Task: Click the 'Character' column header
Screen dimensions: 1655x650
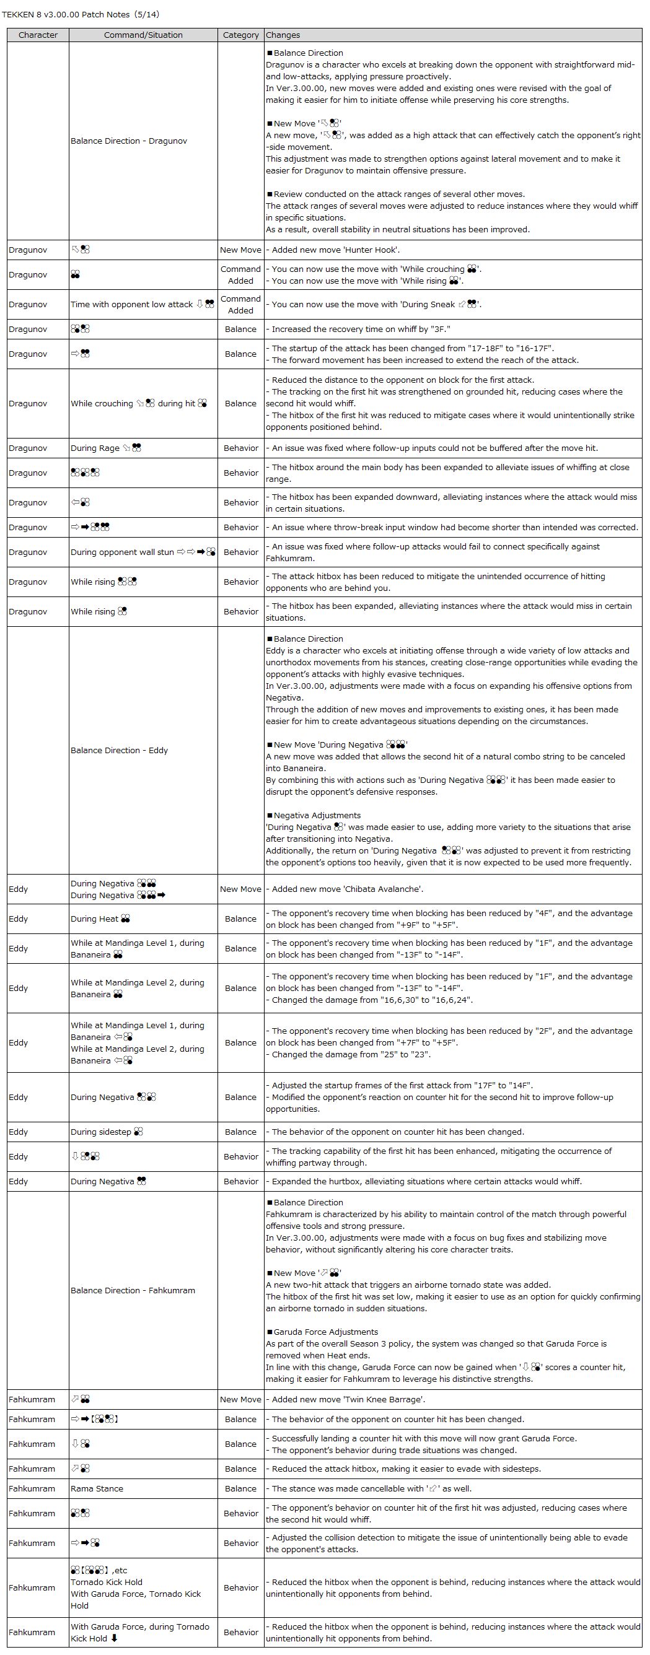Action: click(x=38, y=35)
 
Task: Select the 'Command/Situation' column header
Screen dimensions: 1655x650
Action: click(x=143, y=35)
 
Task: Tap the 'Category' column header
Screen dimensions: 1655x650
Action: click(x=240, y=35)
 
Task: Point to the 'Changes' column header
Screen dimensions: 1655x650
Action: click(x=283, y=35)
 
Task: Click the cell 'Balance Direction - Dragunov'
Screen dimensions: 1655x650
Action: click(x=129, y=141)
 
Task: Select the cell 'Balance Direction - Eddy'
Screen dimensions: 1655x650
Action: click(x=119, y=751)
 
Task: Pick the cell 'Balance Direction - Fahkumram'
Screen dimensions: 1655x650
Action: click(x=133, y=1290)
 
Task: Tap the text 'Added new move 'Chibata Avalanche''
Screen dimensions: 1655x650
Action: click(x=346, y=889)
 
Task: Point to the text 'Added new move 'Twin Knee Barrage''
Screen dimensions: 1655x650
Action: click(x=348, y=1399)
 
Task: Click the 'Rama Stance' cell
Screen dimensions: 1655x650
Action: click(x=97, y=1488)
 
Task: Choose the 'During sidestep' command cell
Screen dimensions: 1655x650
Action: click(x=107, y=1132)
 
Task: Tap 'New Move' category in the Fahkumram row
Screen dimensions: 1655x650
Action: click(x=240, y=1399)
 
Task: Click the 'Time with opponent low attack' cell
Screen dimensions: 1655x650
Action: click(x=142, y=304)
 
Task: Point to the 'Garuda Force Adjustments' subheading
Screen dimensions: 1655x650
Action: click(x=325, y=1332)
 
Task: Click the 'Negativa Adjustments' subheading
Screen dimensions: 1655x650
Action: click(x=317, y=815)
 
